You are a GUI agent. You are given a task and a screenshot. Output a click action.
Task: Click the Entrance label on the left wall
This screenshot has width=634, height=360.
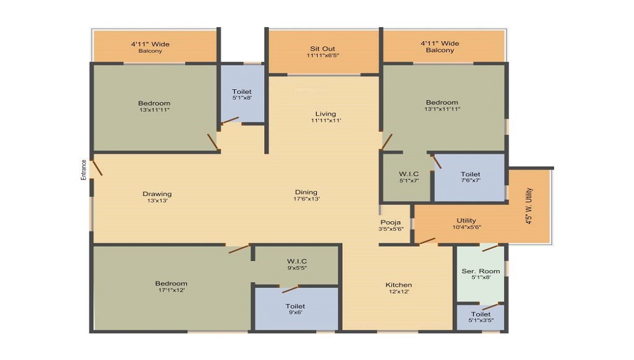point(84,170)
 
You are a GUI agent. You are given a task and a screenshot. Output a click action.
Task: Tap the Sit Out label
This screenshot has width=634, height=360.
point(323,52)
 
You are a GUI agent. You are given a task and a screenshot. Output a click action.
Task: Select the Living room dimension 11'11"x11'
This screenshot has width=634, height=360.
point(326,120)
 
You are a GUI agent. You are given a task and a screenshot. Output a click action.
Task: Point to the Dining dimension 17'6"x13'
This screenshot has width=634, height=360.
point(306,199)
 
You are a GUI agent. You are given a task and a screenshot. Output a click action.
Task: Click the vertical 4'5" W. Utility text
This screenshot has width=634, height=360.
point(529,206)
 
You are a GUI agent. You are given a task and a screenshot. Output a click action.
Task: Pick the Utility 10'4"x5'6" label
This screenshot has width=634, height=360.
point(466,224)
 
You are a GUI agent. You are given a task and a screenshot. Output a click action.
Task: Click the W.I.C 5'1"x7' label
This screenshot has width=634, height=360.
point(409,177)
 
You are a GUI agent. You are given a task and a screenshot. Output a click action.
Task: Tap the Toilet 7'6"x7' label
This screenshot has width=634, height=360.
point(470,177)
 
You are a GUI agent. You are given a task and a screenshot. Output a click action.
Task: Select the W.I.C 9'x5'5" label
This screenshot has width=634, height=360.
point(297,264)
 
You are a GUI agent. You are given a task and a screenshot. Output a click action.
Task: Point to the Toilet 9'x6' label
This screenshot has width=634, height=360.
point(295,309)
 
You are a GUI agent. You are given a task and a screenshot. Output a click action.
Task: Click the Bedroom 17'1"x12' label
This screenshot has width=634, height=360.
point(171,286)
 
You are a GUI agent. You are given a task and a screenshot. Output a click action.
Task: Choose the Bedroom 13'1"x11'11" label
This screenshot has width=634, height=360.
point(442,105)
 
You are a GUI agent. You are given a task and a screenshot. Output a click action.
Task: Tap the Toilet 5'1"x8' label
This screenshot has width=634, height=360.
point(242,94)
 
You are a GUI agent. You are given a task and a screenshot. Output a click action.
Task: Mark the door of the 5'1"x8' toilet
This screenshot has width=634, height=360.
point(230,120)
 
